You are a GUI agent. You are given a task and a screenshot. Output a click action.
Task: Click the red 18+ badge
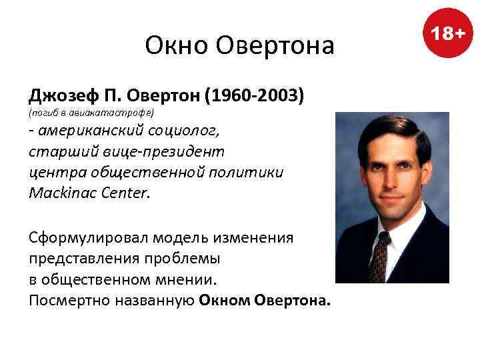click(x=447, y=33)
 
